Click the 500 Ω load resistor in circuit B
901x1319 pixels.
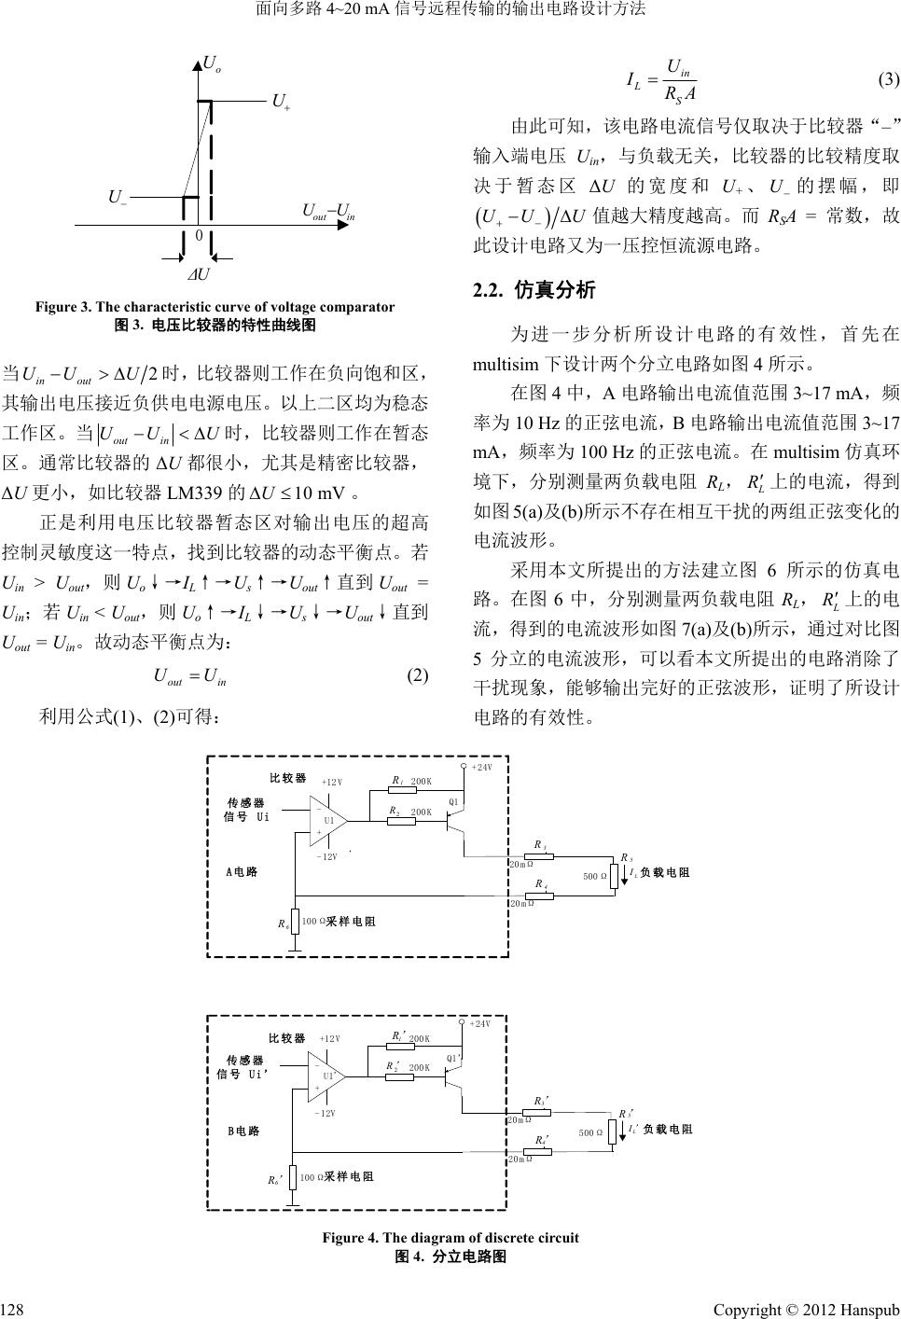pos(613,1132)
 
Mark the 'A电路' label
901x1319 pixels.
pos(242,872)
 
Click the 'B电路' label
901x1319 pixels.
pos(243,1131)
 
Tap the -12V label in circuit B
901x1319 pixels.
pos(326,1113)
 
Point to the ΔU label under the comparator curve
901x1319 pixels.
pos(198,275)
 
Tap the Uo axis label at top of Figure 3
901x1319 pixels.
pos(213,64)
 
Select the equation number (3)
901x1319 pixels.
pos(887,78)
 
